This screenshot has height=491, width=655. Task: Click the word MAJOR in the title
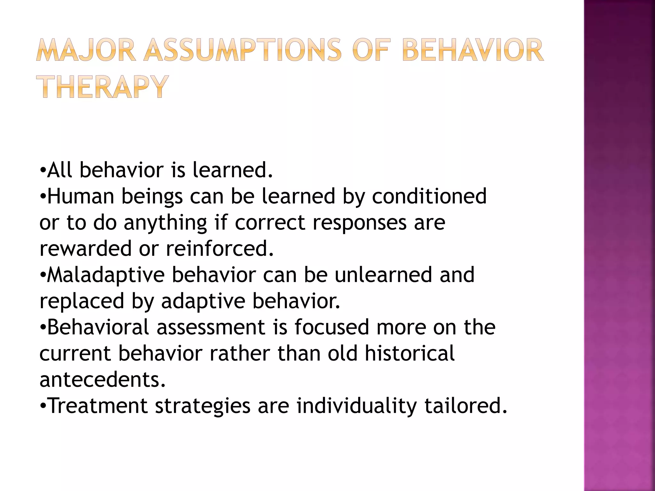point(86,50)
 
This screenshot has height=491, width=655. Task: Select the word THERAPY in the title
point(102,87)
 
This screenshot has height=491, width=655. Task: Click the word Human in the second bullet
point(81,196)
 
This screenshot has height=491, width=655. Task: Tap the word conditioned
point(429,196)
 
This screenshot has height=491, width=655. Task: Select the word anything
point(165,223)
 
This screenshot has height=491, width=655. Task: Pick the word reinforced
point(220,248)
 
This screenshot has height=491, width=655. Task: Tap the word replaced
point(82,301)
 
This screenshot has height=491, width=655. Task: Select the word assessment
point(211,327)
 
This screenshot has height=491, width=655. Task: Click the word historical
point(409,354)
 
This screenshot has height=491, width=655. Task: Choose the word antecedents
point(103,380)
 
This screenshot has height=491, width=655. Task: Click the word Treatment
point(98,406)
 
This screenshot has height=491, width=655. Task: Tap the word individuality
point(357,406)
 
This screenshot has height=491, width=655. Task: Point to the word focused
point(332,327)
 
